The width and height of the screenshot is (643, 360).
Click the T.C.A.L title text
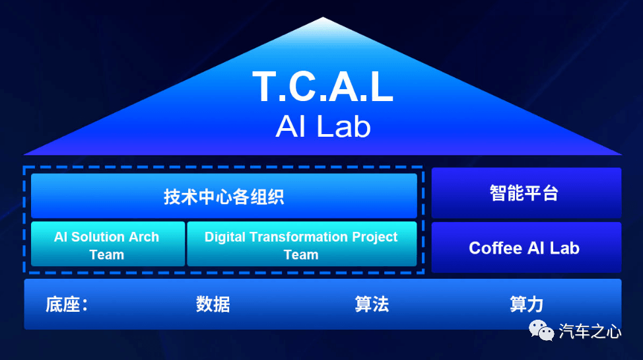point(323,87)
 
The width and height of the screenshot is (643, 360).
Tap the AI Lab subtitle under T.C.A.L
point(323,126)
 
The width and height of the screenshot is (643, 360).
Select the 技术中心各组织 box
point(224,196)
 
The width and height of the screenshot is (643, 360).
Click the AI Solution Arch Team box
point(108,244)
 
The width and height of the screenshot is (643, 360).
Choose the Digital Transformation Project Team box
point(302,244)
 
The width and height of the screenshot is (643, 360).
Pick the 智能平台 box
point(526,192)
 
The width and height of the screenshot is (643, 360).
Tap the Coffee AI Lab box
point(526,247)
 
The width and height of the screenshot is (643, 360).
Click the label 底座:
point(67,305)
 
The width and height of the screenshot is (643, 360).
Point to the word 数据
point(213,305)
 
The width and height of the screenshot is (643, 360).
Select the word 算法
point(372,305)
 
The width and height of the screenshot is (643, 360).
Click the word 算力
point(527,305)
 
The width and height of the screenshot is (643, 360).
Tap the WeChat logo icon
point(541,330)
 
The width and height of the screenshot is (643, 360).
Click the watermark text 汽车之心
point(590,331)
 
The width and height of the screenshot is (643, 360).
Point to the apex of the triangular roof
point(323,17)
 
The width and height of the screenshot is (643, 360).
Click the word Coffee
point(495,248)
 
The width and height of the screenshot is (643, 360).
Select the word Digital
point(224,237)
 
